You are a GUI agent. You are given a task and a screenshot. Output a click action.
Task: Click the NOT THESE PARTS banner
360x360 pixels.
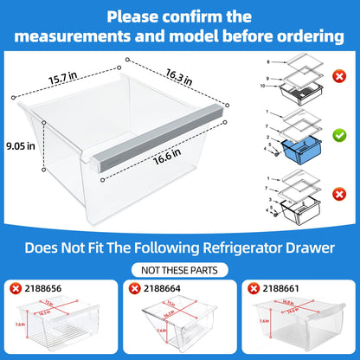point(180,268)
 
